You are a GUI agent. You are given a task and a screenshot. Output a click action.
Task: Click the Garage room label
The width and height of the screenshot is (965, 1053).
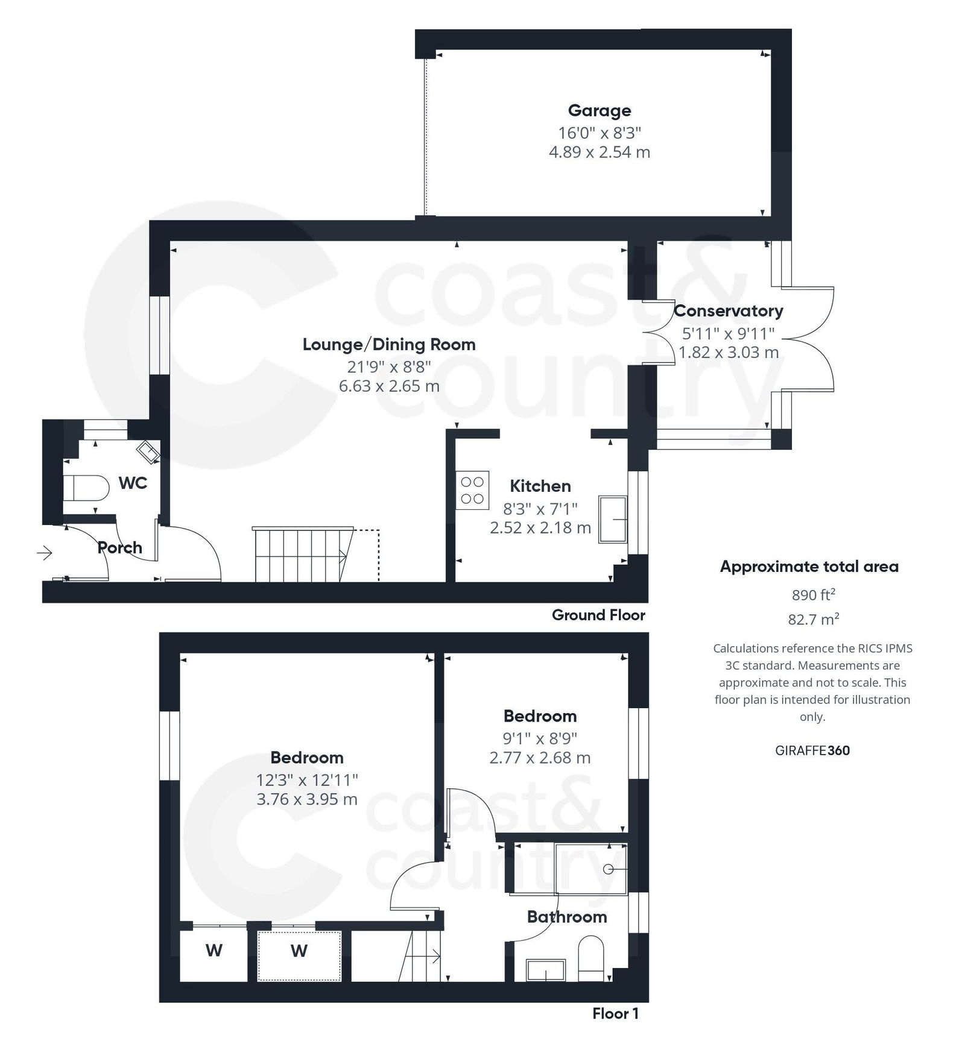(599, 111)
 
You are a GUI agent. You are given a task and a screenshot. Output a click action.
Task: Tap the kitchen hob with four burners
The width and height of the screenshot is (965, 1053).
(472, 490)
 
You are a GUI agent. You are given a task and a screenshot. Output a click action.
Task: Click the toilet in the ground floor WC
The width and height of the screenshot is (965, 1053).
(84, 488)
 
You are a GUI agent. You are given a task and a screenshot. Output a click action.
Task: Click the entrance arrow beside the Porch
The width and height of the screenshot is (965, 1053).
(45, 552)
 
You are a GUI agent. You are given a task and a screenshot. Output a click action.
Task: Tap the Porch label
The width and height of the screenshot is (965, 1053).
(120, 548)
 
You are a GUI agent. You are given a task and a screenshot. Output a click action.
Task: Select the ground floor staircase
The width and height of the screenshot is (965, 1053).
(302, 555)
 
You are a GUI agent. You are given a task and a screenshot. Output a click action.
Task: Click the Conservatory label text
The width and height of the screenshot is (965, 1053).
(728, 311)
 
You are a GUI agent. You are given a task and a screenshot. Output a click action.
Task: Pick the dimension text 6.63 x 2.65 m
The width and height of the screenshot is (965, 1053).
(388, 386)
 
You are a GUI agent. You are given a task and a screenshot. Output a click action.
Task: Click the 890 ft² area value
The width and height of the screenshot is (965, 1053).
(813, 596)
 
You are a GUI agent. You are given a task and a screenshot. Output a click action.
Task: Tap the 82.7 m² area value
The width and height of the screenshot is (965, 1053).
(813, 619)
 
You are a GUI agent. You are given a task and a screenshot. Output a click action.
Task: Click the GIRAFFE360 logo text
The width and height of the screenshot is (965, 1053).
(812, 750)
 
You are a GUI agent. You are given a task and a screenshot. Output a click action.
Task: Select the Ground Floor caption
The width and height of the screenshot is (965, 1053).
(598, 615)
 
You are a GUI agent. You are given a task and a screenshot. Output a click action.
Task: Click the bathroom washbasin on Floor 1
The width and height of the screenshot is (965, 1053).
(545, 970)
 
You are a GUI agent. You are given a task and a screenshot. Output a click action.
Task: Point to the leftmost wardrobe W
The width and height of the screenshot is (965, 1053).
(214, 951)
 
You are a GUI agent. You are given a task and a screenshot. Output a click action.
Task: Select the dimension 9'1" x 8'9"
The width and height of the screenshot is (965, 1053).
(540, 738)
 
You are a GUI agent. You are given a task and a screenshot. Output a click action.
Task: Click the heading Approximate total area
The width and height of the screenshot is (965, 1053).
(809, 567)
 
